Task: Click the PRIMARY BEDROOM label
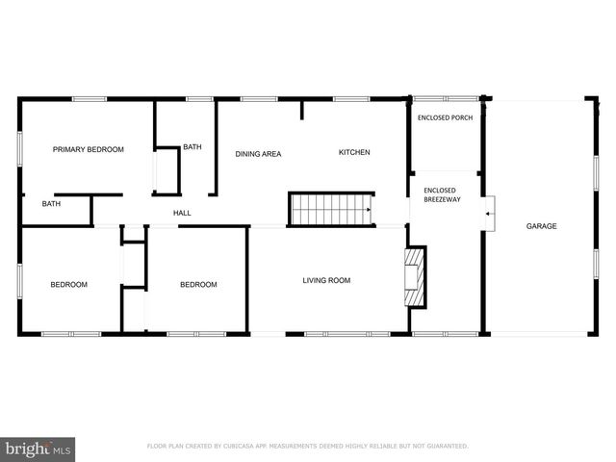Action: pyautogui.click(x=88, y=149)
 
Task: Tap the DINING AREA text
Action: pyautogui.click(x=258, y=153)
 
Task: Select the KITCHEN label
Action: pyautogui.click(x=354, y=152)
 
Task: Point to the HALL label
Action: pyautogui.click(x=181, y=213)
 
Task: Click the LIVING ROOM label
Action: pyautogui.click(x=326, y=281)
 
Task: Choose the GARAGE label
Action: pyautogui.click(x=541, y=226)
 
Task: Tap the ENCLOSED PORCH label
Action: pyautogui.click(x=445, y=117)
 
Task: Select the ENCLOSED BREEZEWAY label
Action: pyautogui.click(x=440, y=195)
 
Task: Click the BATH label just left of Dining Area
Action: pyautogui.click(x=192, y=147)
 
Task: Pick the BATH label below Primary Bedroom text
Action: pyautogui.click(x=51, y=204)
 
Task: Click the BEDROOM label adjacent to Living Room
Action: pyautogui.click(x=198, y=284)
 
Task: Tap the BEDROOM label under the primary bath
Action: pyautogui.click(x=69, y=284)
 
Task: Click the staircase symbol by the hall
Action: pyautogui.click(x=331, y=209)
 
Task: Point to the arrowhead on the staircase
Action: pyautogui.click(x=368, y=209)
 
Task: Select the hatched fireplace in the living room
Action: pyautogui.click(x=414, y=278)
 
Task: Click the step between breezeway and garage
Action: pyautogui.click(x=490, y=213)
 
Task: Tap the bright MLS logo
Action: pyautogui.click(x=38, y=449)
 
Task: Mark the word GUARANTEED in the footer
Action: pyautogui.click(x=445, y=447)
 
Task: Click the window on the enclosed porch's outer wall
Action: pyautogui.click(x=445, y=97)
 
